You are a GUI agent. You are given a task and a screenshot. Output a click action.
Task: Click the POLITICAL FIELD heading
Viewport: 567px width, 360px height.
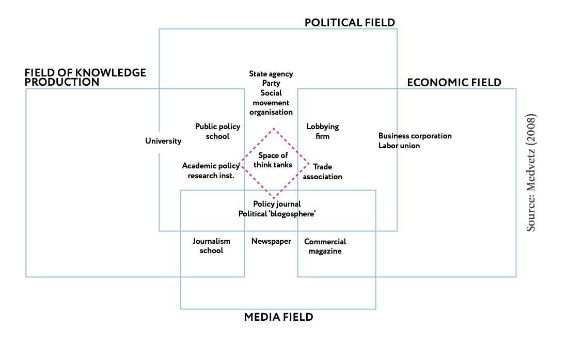tap(350, 23)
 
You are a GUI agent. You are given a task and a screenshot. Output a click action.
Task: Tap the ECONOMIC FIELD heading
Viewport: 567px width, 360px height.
tap(454, 83)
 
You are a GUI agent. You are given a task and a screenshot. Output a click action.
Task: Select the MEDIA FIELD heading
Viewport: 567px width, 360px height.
tap(278, 317)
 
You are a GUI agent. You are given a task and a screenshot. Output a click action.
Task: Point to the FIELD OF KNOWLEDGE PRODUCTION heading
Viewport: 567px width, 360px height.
tap(85, 77)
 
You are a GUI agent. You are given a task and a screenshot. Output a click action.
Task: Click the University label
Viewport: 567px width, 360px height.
tap(163, 141)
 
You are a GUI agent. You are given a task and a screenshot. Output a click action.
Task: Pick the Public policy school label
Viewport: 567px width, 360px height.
tap(217, 131)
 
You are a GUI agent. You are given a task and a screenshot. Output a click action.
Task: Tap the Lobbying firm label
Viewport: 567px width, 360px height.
tap(322, 131)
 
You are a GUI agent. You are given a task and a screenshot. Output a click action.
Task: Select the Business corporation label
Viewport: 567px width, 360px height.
tap(415, 136)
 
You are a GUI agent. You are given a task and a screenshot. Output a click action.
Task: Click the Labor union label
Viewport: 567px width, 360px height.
tap(399, 146)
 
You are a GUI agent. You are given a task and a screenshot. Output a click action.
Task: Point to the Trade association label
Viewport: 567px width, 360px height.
tap(322, 171)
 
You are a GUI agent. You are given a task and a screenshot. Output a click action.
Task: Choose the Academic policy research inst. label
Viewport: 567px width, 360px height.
tap(211, 170)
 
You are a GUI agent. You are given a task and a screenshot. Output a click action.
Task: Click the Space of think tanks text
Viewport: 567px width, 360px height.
tap(273, 160)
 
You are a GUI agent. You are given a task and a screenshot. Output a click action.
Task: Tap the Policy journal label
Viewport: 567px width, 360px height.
tap(277, 204)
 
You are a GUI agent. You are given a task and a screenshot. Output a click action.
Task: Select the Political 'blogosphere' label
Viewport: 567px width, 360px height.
tap(277, 214)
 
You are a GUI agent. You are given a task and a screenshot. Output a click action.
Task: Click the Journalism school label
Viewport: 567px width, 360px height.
tap(211, 246)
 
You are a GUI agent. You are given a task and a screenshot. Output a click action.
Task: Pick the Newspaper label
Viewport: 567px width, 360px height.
tap(271, 241)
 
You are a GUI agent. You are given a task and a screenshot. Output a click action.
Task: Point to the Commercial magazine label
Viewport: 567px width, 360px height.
tap(325, 246)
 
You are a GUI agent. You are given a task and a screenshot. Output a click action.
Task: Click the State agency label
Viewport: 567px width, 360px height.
tap(271, 74)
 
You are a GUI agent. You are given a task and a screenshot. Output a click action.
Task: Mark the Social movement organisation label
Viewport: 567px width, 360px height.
tap(271, 102)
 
